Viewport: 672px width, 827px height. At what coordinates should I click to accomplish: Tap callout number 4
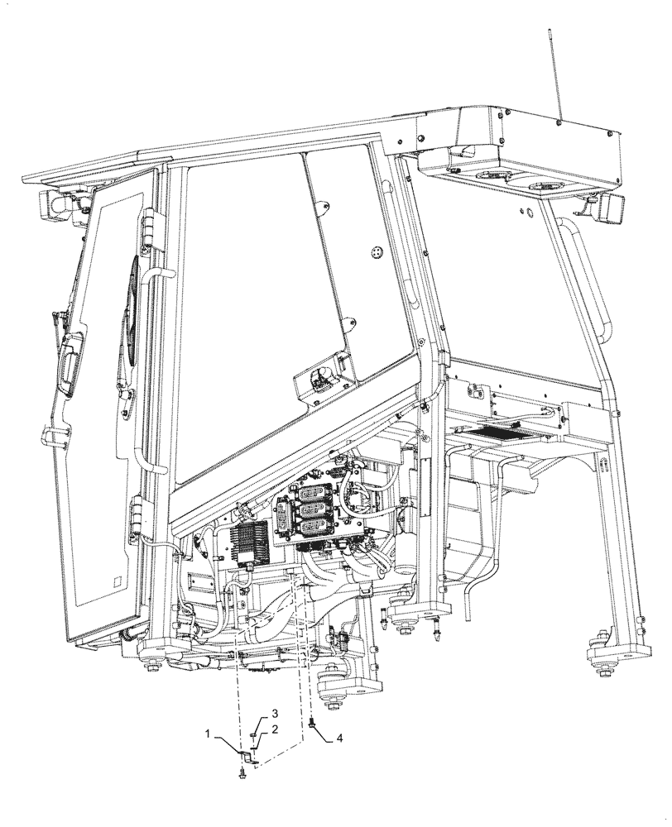tap(338, 739)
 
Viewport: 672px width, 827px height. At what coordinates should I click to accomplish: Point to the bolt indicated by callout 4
tap(312, 724)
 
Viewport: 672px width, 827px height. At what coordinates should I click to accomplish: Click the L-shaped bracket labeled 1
tap(244, 755)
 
